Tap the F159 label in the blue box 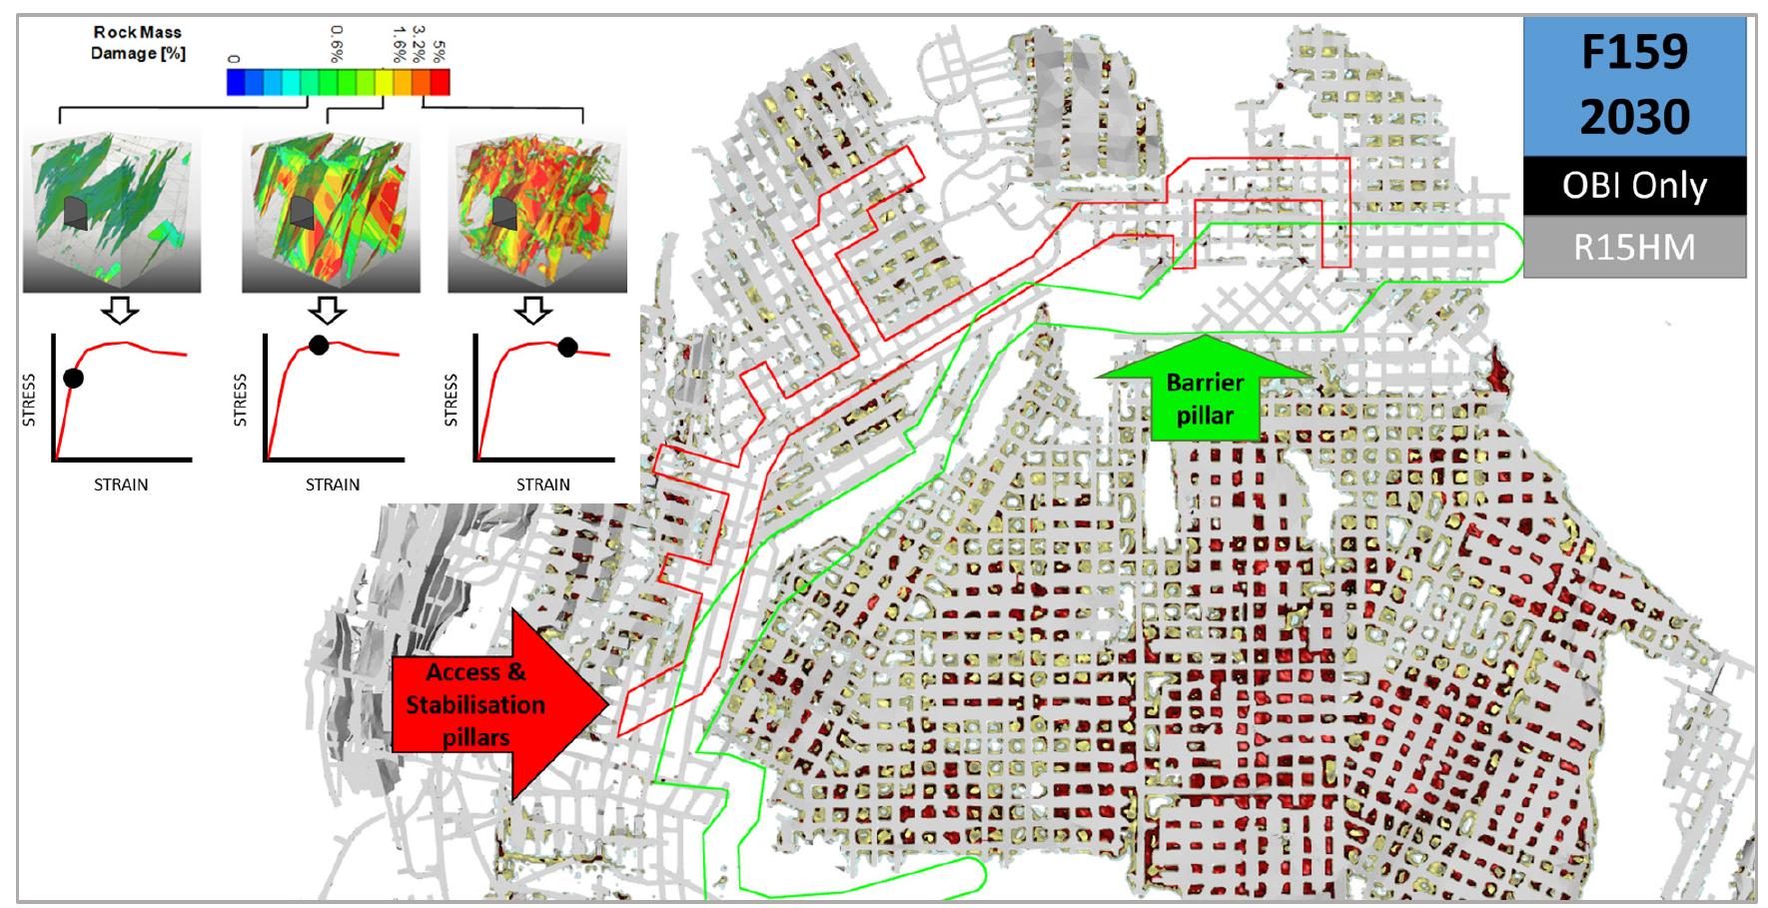coord(1634,53)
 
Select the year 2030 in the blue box coord(1634,116)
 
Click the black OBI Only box coord(1634,186)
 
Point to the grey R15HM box coord(1634,247)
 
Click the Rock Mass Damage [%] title coord(138,43)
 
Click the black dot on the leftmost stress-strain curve coord(73,378)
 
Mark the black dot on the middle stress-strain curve coord(318,346)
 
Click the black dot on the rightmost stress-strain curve coord(567,348)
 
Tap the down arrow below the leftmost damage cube coord(122,311)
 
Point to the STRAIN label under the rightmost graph coord(542,484)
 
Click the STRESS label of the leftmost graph coord(29,400)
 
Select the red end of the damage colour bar coord(442,82)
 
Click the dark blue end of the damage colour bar coord(234,82)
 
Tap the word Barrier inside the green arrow coord(1205,383)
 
